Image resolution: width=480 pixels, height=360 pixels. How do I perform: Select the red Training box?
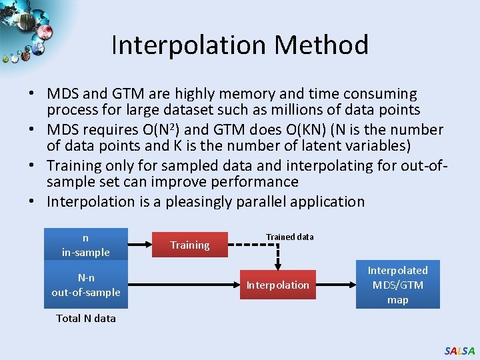coord(190,245)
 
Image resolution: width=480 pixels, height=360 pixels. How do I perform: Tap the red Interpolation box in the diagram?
coord(278,285)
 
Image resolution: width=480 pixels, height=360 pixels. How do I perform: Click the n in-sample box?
coord(86,244)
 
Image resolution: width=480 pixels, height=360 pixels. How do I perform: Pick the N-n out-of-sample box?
coord(86,285)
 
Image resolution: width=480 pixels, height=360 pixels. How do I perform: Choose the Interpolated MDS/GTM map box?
coord(398,285)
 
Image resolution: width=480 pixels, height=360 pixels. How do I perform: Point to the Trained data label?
coord(290,237)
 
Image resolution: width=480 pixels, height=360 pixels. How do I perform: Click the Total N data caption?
coord(86,318)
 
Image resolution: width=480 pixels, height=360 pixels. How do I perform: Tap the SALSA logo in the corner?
coord(460,351)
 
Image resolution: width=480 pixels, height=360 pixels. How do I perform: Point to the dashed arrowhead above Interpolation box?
coord(278,264)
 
